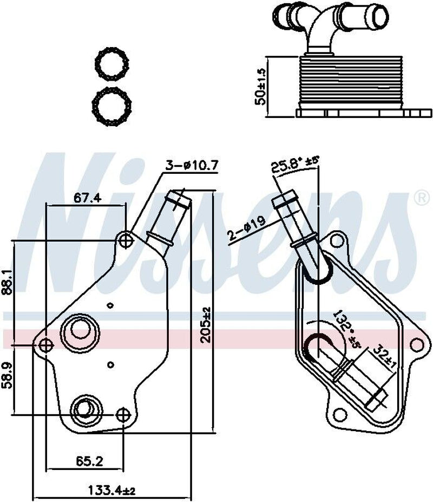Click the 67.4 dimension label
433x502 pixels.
[x=88, y=198]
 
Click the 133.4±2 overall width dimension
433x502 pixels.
[x=111, y=491]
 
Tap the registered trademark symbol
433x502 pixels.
[x=421, y=198]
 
